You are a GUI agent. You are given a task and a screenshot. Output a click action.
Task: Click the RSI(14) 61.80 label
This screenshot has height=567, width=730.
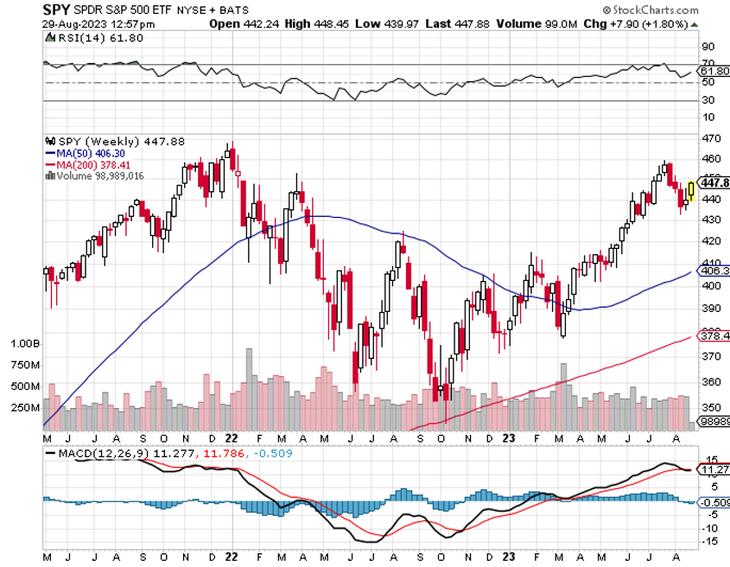coord(81,39)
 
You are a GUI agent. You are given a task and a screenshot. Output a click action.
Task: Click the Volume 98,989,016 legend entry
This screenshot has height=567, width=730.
coord(97,175)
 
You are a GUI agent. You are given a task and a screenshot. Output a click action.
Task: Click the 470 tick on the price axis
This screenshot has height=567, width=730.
coord(710,139)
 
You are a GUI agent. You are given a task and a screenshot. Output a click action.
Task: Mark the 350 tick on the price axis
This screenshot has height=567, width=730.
coord(710,407)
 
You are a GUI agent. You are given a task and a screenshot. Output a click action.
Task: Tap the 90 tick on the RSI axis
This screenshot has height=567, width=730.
coord(708,47)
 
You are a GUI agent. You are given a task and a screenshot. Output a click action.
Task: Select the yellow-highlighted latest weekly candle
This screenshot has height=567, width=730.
coord(691,191)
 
